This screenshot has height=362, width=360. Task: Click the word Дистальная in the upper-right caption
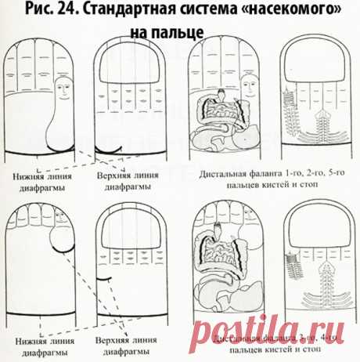227,174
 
